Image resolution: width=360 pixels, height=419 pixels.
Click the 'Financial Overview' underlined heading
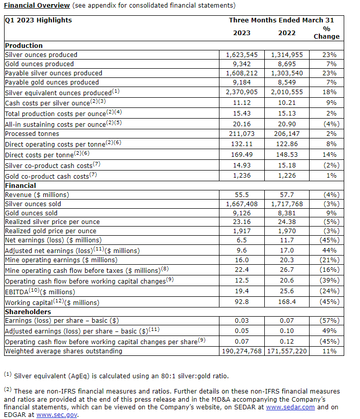pos(37,6)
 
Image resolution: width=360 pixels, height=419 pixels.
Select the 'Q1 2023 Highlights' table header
pos(38,20)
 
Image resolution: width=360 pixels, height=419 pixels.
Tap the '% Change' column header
pos(326,33)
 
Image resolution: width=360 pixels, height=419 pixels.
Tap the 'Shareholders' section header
pos(27,312)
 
